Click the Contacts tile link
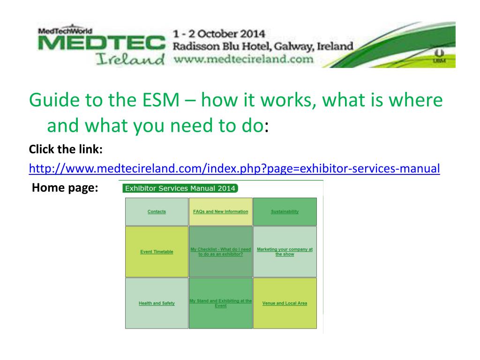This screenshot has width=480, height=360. click(x=157, y=212)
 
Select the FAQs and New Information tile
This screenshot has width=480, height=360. click(x=220, y=212)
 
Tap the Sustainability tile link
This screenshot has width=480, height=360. click(x=285, y=212)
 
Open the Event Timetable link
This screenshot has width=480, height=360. click(x=157, y=252)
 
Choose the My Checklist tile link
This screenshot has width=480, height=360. click(x=220, y=252)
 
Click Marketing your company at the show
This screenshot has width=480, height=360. click(x=285, y=252)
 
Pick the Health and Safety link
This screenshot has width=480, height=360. click(x=157, y=303)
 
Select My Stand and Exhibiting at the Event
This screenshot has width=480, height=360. click(x=220, y=303)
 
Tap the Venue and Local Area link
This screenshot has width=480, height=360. click(x=285, y=303)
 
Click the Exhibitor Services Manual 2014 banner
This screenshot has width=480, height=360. click(x=180, y=188)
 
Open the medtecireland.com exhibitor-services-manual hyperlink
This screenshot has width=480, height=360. click(x=234, y=168)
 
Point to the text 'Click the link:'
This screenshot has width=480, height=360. click(x=66, y=149)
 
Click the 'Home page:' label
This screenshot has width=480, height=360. click(x=65, y=188)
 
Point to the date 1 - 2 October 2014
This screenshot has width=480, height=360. click(x=219, y=34)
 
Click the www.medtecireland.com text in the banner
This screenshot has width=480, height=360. click(x=243, y=59)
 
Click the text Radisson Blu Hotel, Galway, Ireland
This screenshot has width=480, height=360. click(x=262, y=46)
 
